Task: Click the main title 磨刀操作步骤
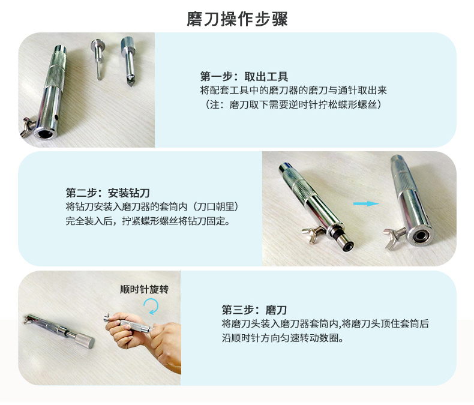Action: click(x=237, y=19)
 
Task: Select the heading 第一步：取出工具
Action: click(x=244, y=76)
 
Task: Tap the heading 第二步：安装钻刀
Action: click(x=108, y=193)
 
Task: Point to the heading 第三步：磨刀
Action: click(x=254, y=310)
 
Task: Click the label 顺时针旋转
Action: click(x=144, y=289)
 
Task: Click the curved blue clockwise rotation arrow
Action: click(x=152, y=306)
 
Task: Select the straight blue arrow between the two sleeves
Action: click(x=366, y=204)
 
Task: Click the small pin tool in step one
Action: click(x=98, y=59)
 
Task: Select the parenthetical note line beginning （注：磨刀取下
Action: click(x=292, y=104)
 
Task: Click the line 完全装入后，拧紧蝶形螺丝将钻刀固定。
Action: click(x=148, y=221)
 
